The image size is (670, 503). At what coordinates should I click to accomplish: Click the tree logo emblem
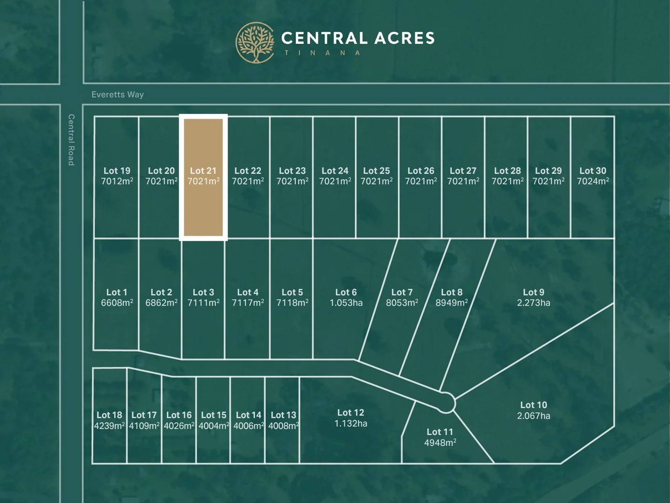pos(255,43)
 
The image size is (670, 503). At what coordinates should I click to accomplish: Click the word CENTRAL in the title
pos(324,38)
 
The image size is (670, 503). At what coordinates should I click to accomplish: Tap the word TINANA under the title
pos(322,53)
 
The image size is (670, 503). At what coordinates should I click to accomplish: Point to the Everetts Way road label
pos(118,95)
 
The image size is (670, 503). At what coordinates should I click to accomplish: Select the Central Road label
pos(71,140)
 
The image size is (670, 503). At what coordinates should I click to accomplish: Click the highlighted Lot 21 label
pos(203,171)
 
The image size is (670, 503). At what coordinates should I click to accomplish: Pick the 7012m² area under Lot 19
pos(117,181)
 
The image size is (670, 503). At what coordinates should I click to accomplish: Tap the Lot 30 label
pos(593,171)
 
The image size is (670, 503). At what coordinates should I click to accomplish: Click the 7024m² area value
pos(593,181)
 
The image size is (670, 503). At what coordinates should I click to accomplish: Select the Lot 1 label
pos(117,292)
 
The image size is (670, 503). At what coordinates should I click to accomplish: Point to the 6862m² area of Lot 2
pos(161,303)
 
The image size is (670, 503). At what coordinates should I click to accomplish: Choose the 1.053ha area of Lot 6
pos(346,303)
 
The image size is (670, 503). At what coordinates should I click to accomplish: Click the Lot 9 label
pos(534,292)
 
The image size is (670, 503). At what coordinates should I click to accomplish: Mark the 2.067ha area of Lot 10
pos(534,416)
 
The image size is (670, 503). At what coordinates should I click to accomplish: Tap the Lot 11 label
pos(440,432)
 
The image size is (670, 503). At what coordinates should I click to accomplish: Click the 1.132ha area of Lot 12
pos(351,424)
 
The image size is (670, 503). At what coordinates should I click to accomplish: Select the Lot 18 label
pos(109,415)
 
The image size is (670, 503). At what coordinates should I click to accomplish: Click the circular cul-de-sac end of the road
pos(446,402)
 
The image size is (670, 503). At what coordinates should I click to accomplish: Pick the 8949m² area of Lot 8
pos(452,303)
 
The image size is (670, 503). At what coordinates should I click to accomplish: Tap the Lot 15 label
pos(214,415)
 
